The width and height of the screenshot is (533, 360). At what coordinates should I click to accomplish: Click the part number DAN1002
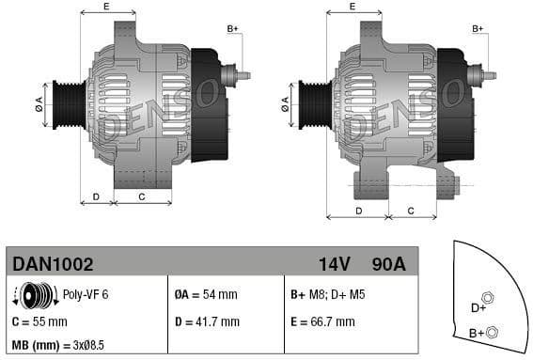tap(50, 264)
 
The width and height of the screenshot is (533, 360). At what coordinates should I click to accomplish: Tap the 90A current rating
tap(388, 264)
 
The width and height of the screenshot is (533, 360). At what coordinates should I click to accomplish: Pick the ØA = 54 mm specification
tap(206, 295)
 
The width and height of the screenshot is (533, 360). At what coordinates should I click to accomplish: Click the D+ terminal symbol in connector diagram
tap(488, 299)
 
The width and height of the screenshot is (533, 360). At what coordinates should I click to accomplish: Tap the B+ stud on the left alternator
tap(242, 75)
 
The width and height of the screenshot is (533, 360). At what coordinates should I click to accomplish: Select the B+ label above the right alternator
tap(478, 29)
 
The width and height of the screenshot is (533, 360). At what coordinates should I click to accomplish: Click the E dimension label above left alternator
tap(105, 7)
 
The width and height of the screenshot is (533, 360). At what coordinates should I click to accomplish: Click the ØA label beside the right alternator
tap(285, 103)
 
